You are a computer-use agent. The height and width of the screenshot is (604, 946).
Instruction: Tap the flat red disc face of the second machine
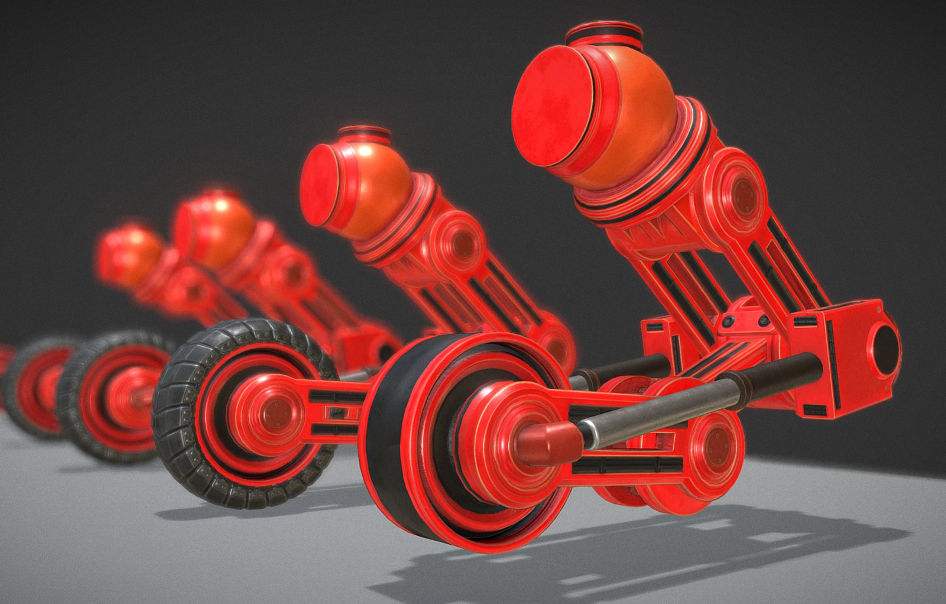(321, 185)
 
